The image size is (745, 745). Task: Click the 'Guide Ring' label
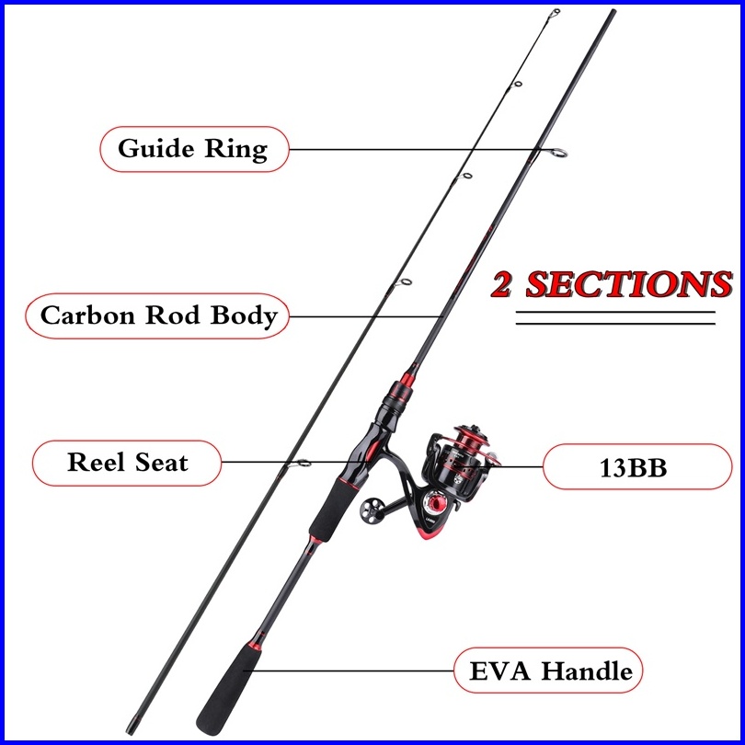coord(194,149)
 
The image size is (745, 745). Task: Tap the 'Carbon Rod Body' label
coord(157,316)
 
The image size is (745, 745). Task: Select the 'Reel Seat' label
coord(127,463)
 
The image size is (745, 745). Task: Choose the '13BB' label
coord(637,467)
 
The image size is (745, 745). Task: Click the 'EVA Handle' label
coord(548,670)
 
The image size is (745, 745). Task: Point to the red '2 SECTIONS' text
coord(612,284)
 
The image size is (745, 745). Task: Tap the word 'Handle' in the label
coord(587,670)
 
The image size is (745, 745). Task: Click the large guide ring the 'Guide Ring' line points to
coord(557,153)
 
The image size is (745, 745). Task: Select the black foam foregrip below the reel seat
coord(334,510)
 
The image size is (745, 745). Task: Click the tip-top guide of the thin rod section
coord(554,13)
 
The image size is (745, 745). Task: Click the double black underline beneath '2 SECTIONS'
coord(615,318)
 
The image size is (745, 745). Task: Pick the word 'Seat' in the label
coord(162,463)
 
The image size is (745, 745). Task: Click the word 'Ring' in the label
coord(236,149)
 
